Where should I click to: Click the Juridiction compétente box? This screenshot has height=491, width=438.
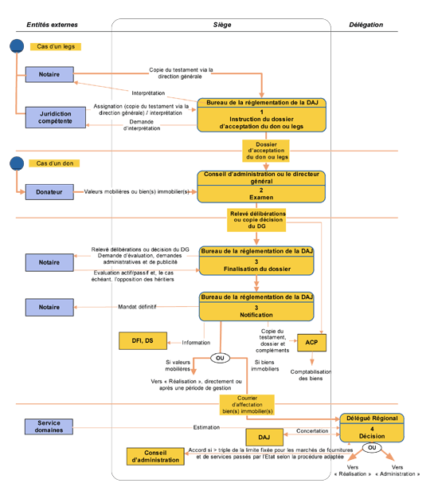pos(56,117)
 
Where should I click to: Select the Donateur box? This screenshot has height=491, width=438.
pos(49,192)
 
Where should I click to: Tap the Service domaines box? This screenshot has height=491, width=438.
pos(49,426)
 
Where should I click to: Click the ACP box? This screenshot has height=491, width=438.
pos(311,343)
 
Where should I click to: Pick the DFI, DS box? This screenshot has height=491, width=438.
pos(143,340)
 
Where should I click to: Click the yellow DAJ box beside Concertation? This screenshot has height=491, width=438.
pos(264,437)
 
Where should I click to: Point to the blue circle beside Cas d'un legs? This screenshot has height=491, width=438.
pos(17,46)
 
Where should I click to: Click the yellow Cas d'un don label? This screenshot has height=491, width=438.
pos(54,163)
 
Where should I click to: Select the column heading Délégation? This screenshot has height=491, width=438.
pos(366,25)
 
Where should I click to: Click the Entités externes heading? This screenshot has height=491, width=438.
pos(53,25)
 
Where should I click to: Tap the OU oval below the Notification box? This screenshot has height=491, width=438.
pos(220,358)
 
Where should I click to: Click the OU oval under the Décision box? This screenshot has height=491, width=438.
pos(372,447)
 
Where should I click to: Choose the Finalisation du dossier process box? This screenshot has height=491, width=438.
pos(256,261)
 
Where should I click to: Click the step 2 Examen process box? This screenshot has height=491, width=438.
pos(261,187)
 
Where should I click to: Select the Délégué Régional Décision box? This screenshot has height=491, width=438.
pos(372,428)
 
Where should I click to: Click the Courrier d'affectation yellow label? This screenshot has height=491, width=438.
pos(247,405)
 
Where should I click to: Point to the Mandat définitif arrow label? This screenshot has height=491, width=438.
pos(137,307)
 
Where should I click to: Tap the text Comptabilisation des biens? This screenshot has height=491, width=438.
pos(311,375)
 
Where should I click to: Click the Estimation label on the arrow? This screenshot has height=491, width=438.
pos(206,427)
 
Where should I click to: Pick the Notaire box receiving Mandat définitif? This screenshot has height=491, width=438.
pos(49,307)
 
